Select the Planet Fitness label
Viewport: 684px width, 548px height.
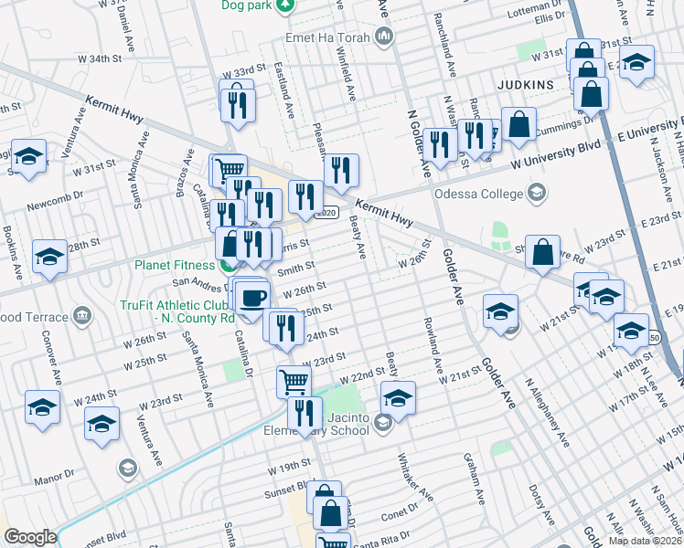(173, 266)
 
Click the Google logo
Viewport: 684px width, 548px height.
(30, 537)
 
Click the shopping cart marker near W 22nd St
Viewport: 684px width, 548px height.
(294, 381)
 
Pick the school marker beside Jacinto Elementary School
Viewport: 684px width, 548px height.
(397, 397)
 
